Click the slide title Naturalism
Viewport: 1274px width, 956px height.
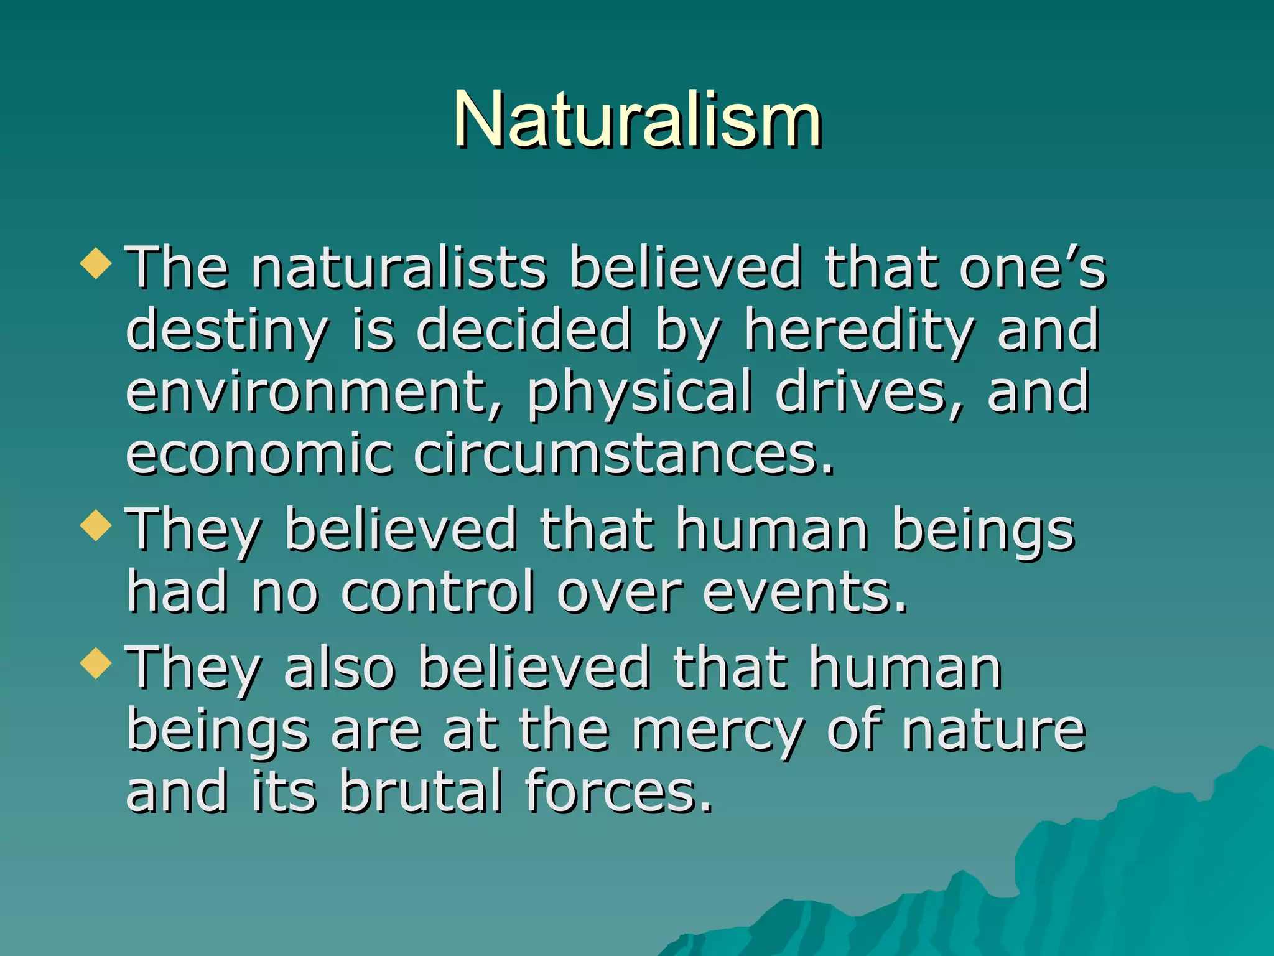pos(637,119)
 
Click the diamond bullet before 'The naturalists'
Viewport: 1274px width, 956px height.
pos(96,263)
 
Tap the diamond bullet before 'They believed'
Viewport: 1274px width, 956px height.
pos(96,525)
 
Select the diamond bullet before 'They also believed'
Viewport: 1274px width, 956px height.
pos(96,662)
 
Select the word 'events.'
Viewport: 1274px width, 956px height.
pos(805,591)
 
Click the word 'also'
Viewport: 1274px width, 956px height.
pos(340,668)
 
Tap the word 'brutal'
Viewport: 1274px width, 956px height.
pos(421,792)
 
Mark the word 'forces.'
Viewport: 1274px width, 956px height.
pos(618,792)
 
